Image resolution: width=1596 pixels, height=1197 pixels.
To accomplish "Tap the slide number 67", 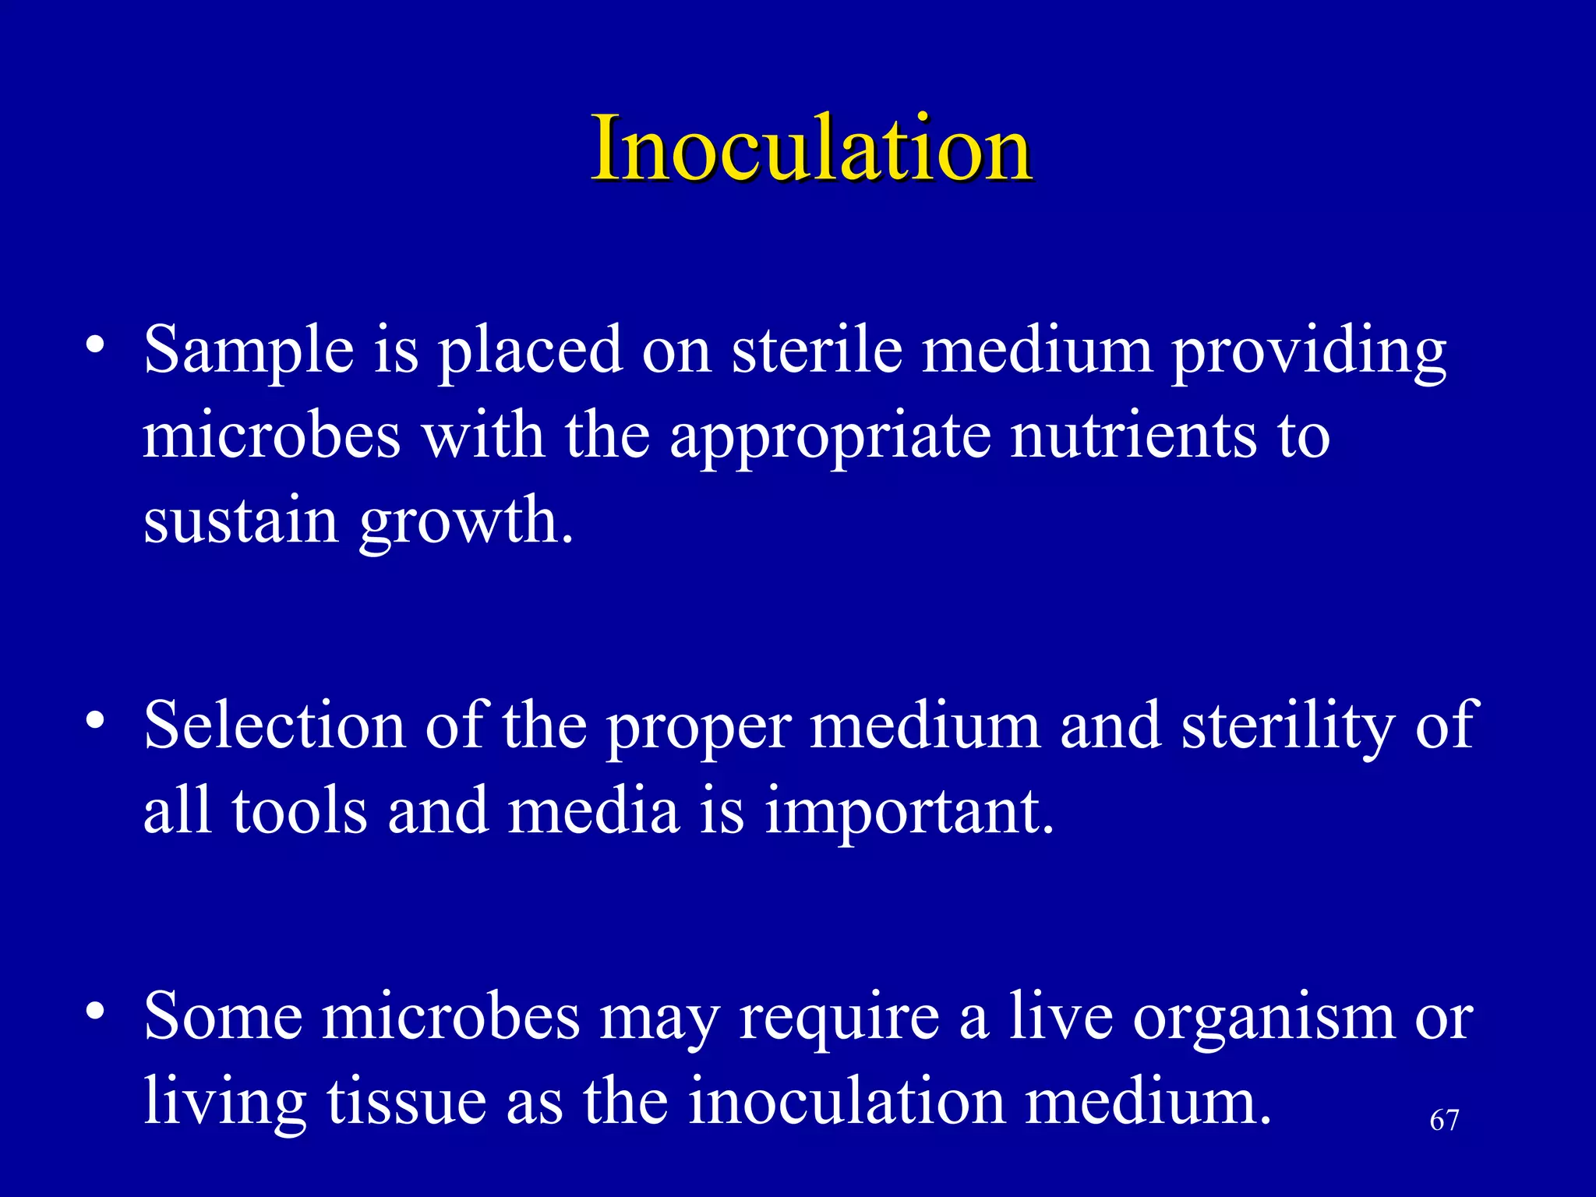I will pyautogui.click(x=1444, y=1121).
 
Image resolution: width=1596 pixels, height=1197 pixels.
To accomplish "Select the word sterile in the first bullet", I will pyautogui.click(x=817, y=349).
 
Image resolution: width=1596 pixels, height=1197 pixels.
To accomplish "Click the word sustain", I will pyautogui.click(x=241, y=521).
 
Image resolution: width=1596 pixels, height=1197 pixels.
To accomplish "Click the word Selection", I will pyautogui.click(x=274, y=725).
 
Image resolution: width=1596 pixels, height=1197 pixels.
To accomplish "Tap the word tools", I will pyautogui.click(x=299, y=810).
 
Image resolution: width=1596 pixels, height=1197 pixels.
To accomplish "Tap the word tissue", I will pyautogui.click(x=406, y=1101).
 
